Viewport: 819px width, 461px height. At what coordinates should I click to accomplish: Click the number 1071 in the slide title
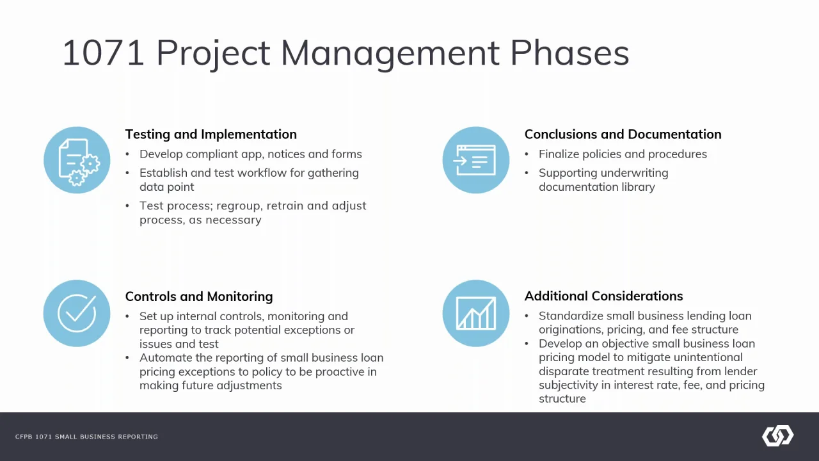[104, 53]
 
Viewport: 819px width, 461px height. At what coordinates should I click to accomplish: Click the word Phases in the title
[569, 53]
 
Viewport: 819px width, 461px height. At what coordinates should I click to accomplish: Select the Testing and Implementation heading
[211, 134]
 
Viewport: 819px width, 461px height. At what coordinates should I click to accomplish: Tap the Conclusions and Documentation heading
[623, 134]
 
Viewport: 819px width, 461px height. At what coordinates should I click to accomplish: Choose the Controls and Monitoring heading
[199, 296]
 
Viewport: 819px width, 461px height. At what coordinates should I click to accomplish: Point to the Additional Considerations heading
[603, 296]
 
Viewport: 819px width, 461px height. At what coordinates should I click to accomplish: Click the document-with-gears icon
[77, 160]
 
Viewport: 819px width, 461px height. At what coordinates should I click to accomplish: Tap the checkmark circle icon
[77, 313]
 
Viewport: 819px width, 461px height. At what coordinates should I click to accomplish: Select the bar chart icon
[476, 313]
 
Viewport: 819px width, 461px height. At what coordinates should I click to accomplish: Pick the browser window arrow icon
[476, 160]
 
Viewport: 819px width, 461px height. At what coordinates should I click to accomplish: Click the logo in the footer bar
[777, 436]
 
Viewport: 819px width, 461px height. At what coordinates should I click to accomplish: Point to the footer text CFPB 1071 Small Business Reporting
[86, 437]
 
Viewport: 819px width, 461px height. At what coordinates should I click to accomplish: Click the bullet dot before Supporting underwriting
[527, 173]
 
